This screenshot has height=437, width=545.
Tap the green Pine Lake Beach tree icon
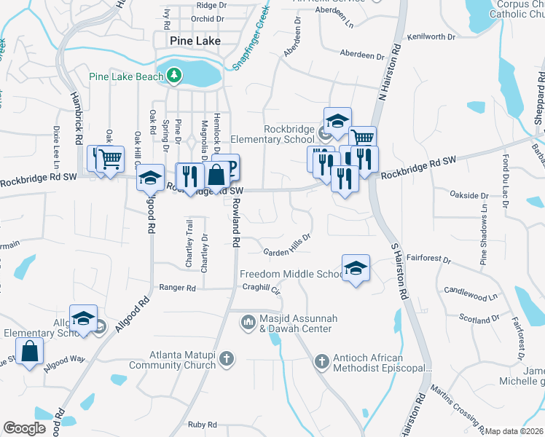click(x=173, y=75)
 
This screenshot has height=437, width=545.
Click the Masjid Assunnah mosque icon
click(x=248, y=320)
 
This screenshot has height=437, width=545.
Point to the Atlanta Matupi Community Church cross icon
click(x=227, y=358)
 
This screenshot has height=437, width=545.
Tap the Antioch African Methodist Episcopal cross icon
click(x=322, y=361)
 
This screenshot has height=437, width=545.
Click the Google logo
click(x=24, y=428)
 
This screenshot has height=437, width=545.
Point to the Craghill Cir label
click(x=262, y=288)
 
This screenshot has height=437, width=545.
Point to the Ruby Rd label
click(x=202, y=425)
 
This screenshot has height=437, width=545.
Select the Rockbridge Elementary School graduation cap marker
click(x=337, y=121)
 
